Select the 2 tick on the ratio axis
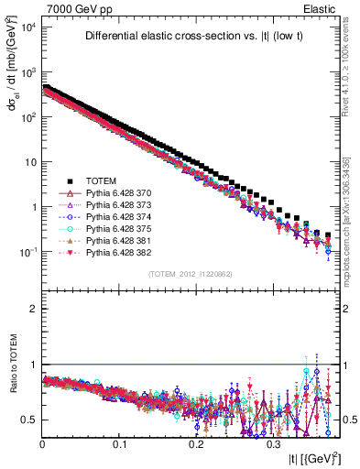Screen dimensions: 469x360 pos(32,309)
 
